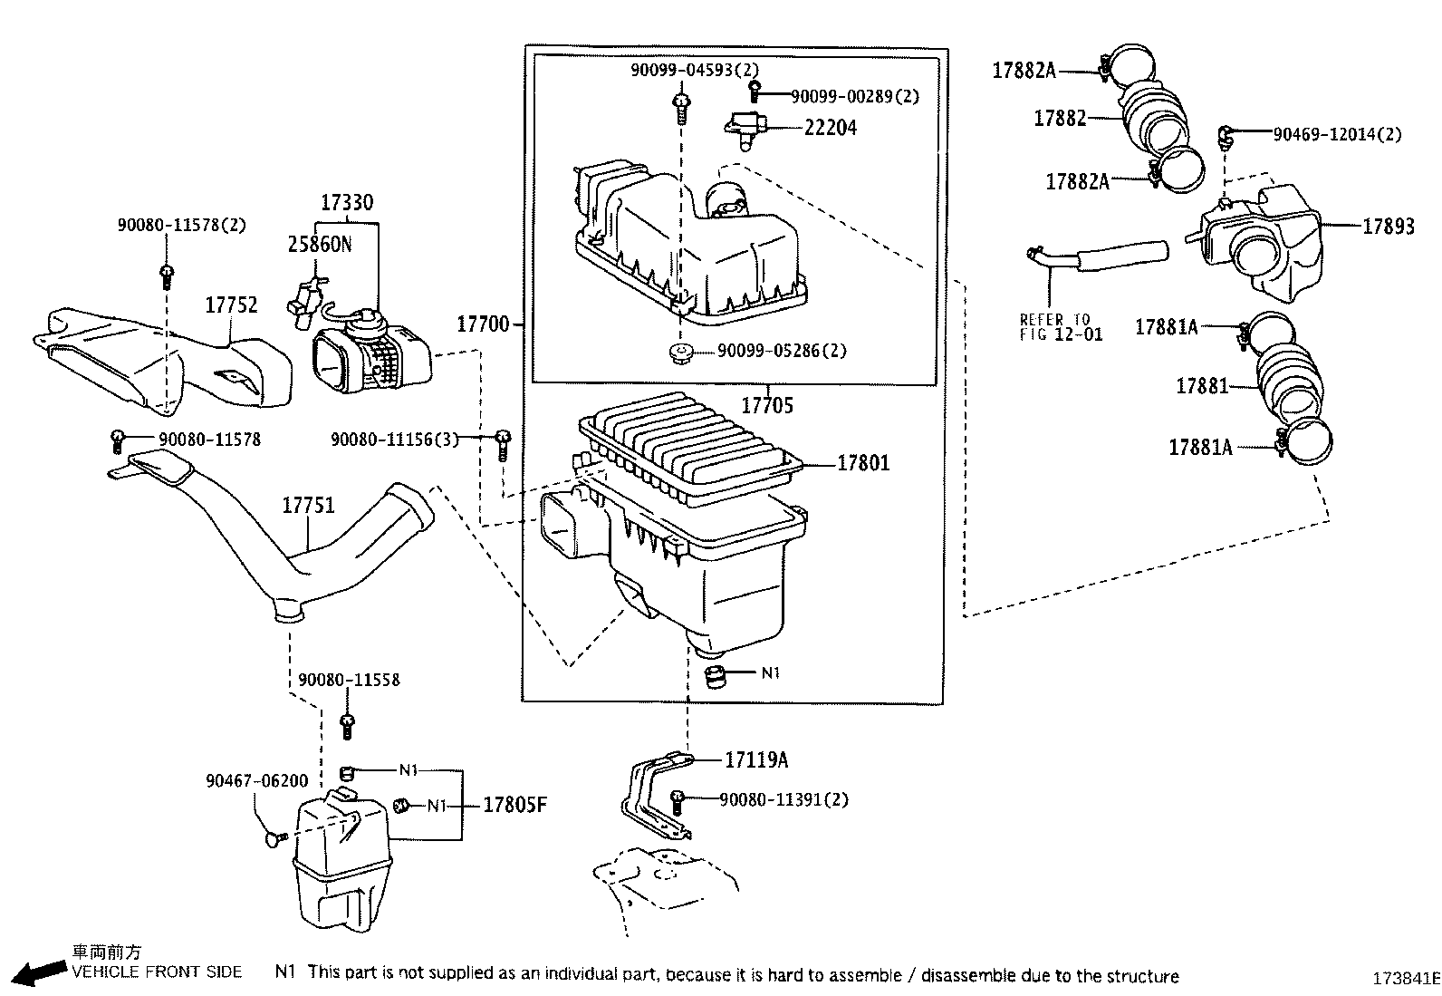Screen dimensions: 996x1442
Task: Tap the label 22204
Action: [x=830, y=128]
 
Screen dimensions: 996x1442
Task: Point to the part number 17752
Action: [x=231, y=305]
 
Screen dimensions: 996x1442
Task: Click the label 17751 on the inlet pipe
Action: [x=308, y=505]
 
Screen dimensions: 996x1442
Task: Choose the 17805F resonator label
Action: [x=514, y=805]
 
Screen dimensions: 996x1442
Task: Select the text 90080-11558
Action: [x=348, y=680]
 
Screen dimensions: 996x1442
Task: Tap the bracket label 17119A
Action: [x=755, y=759]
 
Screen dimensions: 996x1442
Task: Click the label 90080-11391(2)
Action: [x=783, y=799]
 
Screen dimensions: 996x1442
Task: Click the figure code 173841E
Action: [x=1404, y=978]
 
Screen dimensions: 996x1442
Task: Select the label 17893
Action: [x=1388, y=226]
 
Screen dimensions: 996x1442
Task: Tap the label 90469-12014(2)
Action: [x=1337, y=134]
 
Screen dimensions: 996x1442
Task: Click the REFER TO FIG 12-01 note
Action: [x=1061, y=327]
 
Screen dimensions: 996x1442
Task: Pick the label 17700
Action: [x=483, y=323]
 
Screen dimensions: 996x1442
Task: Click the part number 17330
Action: [x=347, y=202]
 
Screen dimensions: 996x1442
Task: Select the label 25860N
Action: [x=320, y=245]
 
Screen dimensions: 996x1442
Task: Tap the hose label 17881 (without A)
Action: [x=1201, y=386]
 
